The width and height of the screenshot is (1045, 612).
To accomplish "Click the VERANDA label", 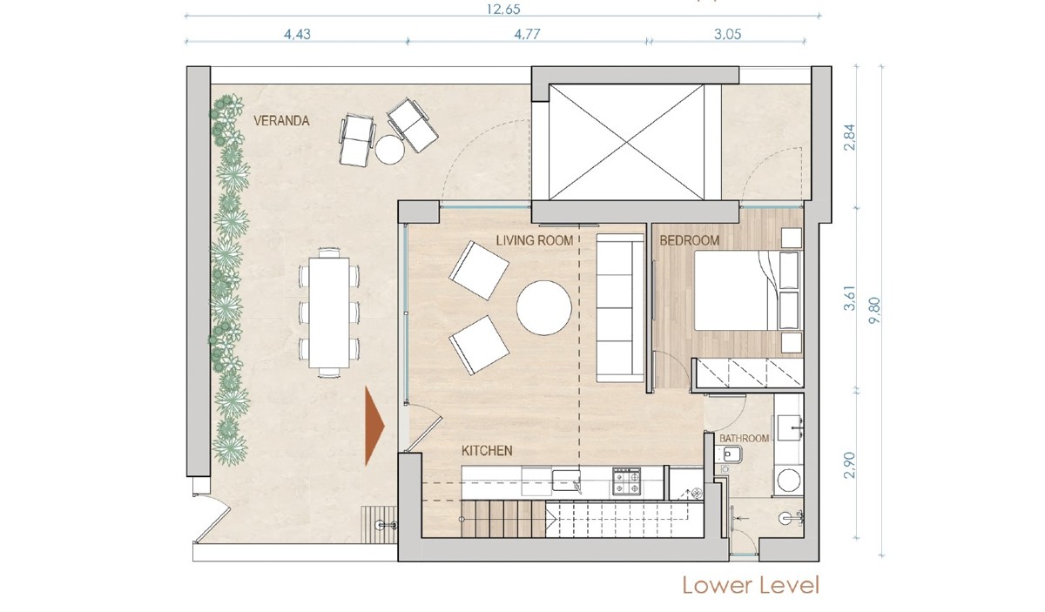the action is coord(281,121).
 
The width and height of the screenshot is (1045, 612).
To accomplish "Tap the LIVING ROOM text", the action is coord(534,240).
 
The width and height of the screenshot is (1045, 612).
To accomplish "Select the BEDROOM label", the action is coord(689,240).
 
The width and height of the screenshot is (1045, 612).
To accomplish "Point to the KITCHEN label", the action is coord(487,451).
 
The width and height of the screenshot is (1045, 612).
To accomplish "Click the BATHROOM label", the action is coord(744,439).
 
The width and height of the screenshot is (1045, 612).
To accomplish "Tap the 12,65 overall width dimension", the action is coord(503,10).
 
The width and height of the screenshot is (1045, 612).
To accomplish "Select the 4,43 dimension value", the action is coord(297,34).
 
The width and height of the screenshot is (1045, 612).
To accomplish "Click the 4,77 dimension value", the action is coord(527,34).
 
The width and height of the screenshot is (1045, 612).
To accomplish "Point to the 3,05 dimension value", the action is coord(727,34).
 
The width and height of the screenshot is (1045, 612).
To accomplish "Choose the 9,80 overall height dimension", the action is coord(874,311).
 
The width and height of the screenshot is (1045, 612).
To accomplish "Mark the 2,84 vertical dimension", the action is coord(850,137).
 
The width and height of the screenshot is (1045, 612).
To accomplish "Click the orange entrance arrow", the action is coord(374,426).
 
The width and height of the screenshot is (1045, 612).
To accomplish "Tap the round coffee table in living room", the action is coord(544,308).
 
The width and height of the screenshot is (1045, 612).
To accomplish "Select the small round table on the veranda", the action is coord(389,149).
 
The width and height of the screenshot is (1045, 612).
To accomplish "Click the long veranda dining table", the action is coord(329,313).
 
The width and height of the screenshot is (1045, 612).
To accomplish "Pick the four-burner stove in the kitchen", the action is coord(628,481).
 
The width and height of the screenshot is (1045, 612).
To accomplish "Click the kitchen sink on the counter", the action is coord(566,481).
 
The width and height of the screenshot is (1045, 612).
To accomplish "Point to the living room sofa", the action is coord(620,308).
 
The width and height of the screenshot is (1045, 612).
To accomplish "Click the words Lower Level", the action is coord(751,585).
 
